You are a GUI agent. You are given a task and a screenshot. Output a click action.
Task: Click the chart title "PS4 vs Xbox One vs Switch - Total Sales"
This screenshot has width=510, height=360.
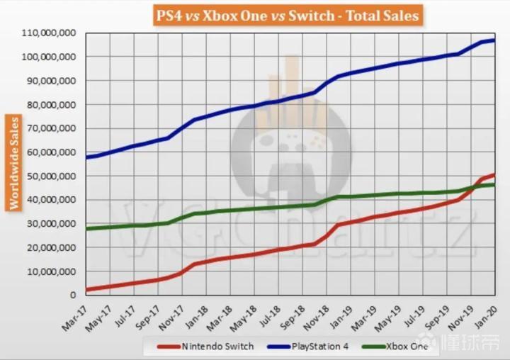pos(281,13)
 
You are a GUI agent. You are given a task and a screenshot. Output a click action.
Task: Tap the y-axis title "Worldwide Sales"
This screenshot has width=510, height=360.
pos(13,162)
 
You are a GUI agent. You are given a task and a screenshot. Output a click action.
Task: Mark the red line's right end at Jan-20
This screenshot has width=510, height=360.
pos(494,174)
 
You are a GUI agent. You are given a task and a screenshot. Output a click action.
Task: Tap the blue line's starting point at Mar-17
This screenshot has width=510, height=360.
pos(86,157)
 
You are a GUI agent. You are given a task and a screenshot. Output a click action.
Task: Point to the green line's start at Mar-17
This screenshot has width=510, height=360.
pos(86,228)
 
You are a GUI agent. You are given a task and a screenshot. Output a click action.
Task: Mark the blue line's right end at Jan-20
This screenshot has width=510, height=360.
pos(494,40)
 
